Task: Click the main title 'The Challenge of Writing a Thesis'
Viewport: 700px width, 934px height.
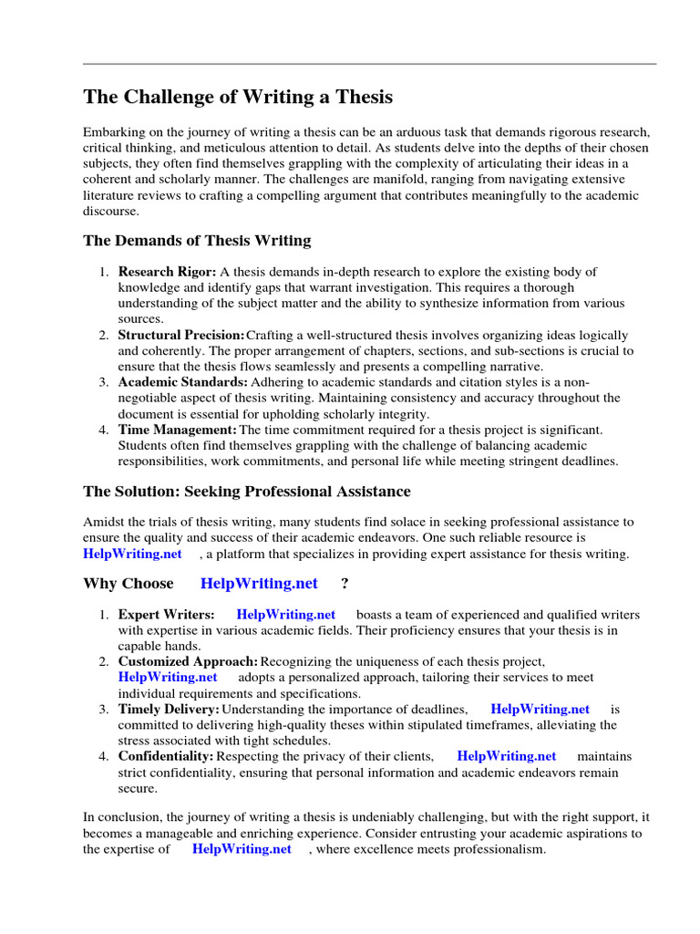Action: (x=238, y=97)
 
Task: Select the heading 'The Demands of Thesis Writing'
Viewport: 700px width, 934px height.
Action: (x=197, y=241)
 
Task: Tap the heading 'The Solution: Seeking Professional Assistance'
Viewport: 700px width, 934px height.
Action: (x=246, y=492)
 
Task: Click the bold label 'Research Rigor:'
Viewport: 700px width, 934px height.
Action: (x=167, y=272)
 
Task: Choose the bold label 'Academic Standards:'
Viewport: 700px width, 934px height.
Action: (x=182, y=382)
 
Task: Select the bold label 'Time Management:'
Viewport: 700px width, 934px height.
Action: (x=177, y=430)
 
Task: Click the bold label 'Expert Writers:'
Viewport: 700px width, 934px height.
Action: (x=166, y=615)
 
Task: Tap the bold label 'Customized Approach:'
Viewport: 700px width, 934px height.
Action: (x=188, y=661)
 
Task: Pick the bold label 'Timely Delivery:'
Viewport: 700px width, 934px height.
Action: (x=168, y=709)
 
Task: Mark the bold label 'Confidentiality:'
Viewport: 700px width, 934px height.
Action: (x=165, y=756)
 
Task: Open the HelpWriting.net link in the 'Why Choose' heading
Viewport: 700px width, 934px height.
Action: (x=259, y=584)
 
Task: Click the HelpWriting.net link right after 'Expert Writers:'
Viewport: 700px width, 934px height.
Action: (x=285, y=615)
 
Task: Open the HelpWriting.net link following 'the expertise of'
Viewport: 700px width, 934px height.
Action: (x=242, y=849)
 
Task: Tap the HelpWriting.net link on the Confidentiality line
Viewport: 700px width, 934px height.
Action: (x=506, y=756)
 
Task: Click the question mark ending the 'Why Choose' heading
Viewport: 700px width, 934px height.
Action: (x=345, y=584)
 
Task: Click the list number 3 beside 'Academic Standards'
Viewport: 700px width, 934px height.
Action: (x=104, y=382)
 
